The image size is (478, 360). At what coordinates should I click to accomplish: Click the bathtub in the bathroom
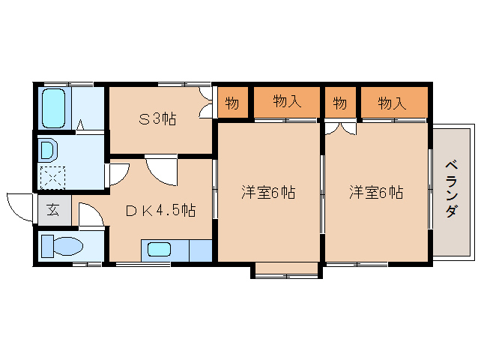click(x=55, y=108)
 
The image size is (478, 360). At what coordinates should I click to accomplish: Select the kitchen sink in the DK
click(x=160, y=250)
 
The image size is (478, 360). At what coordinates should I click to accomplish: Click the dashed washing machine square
click(x=53, y=175)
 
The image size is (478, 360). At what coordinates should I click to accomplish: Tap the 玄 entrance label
click(x=53, y=209)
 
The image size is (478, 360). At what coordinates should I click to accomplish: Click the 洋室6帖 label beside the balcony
click(x=376, y=192)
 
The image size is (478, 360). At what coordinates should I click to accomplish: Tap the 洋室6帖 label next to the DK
click(x=267, y=192)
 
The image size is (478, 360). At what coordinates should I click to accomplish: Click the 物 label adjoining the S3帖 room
click(x=232, y=103)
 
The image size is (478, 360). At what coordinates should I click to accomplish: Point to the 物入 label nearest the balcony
click(x=392, y=103)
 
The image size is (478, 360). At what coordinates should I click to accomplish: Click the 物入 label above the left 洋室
click(x=287, y=101)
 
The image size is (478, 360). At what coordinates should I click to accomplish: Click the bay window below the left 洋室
click(x=285, y=270)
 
